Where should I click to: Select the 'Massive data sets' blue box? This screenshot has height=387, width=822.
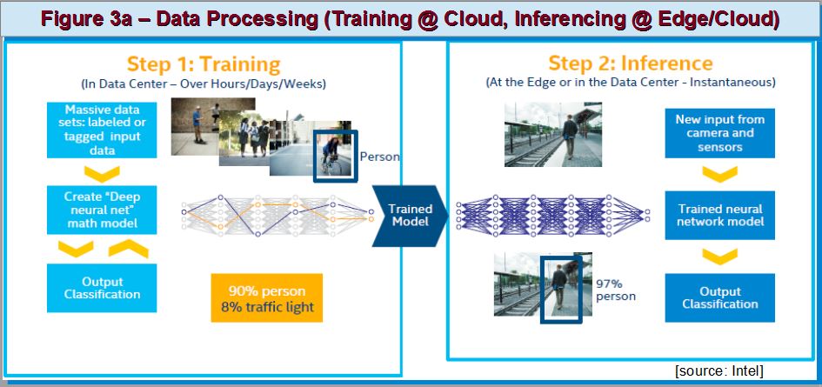pos(102,130)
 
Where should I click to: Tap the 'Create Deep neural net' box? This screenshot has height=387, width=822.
pos(102,210)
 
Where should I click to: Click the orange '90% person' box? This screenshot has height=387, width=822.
pos(266,297)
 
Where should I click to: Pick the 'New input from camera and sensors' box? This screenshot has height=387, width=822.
pos(719,133)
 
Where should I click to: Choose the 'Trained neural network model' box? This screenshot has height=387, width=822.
pos(719,215)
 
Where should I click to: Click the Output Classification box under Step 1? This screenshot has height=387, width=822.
pos(102,288)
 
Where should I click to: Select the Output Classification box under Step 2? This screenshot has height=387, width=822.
pos(719,297)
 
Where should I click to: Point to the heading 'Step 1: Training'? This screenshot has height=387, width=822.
pos(204,65)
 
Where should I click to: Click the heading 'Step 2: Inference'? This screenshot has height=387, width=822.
pos(630,63)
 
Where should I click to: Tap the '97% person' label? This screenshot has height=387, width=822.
pos(616,290)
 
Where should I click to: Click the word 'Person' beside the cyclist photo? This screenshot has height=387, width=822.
pos(379,157)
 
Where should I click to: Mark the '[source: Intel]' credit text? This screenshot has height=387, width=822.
pos(718,370)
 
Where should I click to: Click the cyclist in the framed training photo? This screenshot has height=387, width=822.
pos(331,155)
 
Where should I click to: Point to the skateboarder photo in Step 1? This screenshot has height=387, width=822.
pos(199,126)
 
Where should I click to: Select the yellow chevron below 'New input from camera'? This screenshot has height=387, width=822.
pos(719,174)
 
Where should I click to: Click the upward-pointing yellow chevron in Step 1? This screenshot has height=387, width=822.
pos(129,248)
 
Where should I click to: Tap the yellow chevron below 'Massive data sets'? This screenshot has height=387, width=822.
pos(102,174)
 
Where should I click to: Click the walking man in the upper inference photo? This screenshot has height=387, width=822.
pos(570,137)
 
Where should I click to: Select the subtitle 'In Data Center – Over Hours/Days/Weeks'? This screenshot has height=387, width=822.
pos(204,83)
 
